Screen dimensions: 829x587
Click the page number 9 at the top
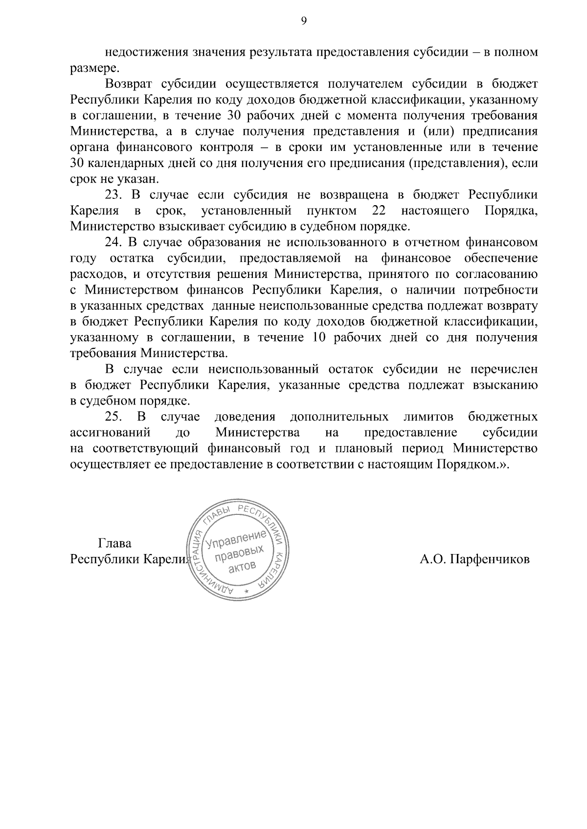303,21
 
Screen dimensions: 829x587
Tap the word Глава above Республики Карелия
114,543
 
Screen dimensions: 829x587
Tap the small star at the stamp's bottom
247,592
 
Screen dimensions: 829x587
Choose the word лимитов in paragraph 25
428,417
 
